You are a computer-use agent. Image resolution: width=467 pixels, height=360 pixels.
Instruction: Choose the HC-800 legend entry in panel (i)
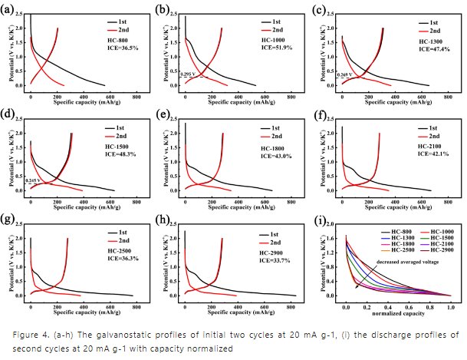click(396, 231)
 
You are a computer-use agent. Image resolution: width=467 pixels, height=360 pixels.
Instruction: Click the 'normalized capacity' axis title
click(399, 314)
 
